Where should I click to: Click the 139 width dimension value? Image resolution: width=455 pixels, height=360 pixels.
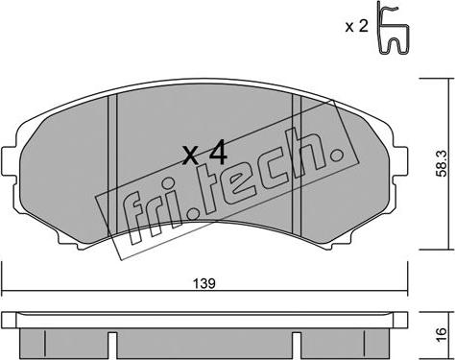pos(204,283)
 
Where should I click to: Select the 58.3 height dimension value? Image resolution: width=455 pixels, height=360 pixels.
pos(443,164)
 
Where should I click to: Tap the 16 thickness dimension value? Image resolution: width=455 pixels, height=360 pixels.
pos(441,335)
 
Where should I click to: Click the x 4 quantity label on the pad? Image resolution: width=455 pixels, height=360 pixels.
pos(204,154)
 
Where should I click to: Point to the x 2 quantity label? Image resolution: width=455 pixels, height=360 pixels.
pos(356,26)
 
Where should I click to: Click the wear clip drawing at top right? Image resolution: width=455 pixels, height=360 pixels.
pos(393,29)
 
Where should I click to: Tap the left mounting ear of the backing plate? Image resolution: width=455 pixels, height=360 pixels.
pos(9,161)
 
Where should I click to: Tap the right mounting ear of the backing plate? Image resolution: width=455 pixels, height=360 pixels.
pos(400,161)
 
